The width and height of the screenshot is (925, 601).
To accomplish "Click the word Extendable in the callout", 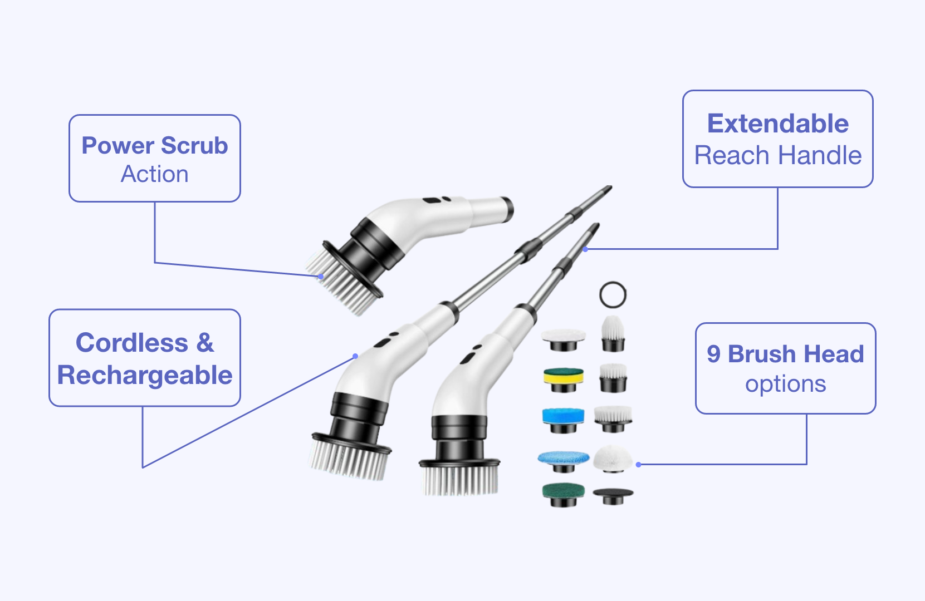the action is (778, 124).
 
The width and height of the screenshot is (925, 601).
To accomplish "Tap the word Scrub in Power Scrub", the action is (194, 145).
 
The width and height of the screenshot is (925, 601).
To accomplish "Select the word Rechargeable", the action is (145, 376).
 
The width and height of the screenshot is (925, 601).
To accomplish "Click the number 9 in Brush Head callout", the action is (713, 354).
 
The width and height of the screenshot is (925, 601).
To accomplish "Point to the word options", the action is (785, 385).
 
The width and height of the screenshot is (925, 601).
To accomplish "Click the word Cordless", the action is (132, 343).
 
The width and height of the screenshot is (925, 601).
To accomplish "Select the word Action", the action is (154, 174).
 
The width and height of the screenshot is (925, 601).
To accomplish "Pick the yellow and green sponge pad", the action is (563, 379).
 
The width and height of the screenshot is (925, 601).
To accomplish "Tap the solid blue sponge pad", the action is (563, 420).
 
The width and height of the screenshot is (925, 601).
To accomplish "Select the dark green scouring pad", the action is (563, 495).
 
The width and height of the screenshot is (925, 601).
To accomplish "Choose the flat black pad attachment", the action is (613, 495).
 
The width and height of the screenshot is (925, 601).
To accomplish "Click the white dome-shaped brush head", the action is (613, 458).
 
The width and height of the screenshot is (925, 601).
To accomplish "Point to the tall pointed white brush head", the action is (613, 333).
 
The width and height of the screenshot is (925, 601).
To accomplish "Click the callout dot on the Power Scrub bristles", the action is (321, 277).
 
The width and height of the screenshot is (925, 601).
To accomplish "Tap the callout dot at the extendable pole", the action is (585, 249).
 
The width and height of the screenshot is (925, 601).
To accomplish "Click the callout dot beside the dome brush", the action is (638, 465).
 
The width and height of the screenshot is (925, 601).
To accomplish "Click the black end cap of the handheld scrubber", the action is (508, 210).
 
